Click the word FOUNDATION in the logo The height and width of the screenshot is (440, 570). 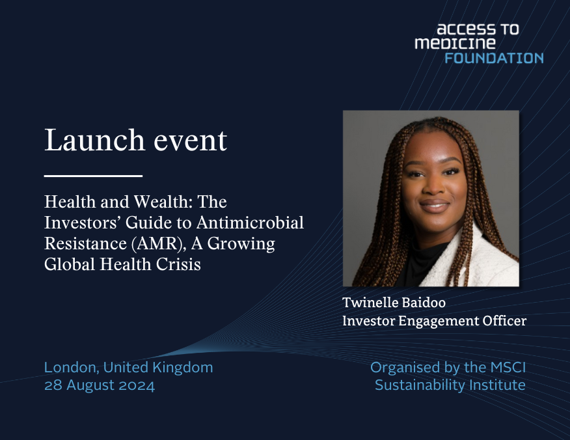click(x=494, y=58)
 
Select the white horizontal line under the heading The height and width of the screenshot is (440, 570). click(x=93, y=176)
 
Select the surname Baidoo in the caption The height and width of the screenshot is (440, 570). click(x=428, y=302)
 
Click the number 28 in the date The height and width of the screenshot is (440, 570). click(x=52, y=385)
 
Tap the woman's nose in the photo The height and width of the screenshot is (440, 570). click(x=432, y=189)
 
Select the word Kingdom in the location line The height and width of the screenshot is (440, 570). click(x=184, y=367)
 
